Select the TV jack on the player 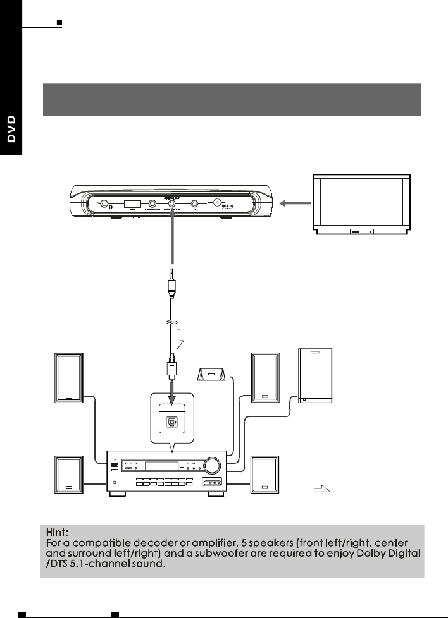click(x=195, y=203)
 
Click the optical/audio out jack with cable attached click(x=171, y=204)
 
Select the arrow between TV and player click(x=296, y=203)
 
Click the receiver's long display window click(x=161, y=467)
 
